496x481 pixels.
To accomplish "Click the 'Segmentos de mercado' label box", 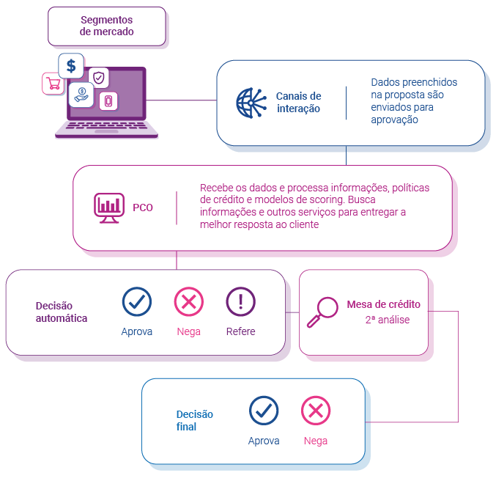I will [107, 26].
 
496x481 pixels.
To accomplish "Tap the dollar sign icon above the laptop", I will [71, 66].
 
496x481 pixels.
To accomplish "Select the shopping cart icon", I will [53, 83].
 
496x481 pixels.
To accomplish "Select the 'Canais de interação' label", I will [298, 103].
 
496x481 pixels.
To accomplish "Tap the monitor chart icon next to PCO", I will [108, 208].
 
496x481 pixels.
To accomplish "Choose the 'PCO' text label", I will [143, 208].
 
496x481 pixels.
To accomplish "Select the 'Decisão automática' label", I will [62, 312].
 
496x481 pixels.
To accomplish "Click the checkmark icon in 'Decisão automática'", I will [136, 301].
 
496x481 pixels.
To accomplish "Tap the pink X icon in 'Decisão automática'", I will [188, 301].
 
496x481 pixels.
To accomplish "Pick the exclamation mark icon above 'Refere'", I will [240, 301].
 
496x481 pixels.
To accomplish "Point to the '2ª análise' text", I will [387, 320].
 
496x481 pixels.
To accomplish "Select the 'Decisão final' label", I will [186, 420].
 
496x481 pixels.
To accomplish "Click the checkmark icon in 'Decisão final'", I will [264, 411].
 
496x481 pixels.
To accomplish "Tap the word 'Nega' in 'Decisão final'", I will [316, 441].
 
